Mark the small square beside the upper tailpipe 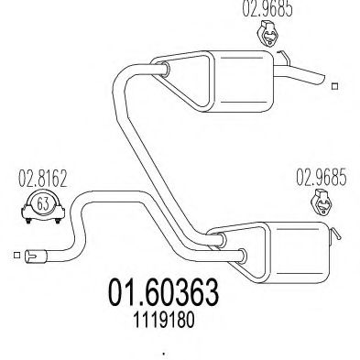pyautogui.click(x=335, y=87)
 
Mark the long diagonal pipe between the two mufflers pyautogui.click(x=156, y=156)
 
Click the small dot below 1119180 pyautogui.click(x=165, y=353)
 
